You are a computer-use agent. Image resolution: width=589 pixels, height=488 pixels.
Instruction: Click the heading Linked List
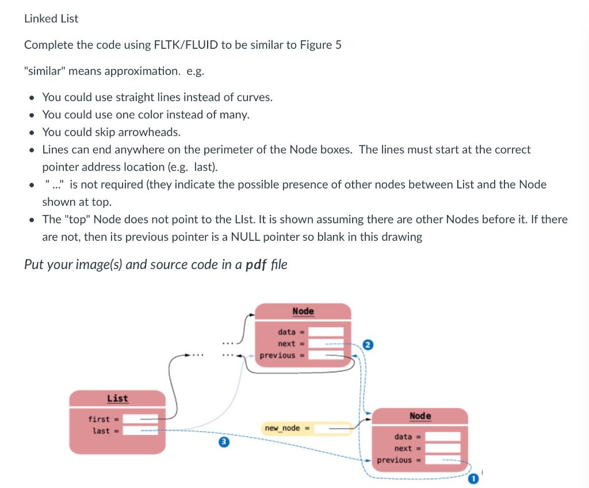51,18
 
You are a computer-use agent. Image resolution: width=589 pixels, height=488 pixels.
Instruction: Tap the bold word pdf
255,264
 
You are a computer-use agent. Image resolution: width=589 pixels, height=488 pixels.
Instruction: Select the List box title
117,398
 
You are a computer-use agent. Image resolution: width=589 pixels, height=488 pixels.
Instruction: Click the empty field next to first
140,419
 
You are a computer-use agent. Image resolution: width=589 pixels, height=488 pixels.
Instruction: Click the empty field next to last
140,431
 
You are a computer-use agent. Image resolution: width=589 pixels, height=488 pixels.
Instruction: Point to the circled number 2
369,345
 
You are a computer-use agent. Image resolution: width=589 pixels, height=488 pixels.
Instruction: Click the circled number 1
473,478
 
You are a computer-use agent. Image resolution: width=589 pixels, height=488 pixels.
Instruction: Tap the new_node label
282,428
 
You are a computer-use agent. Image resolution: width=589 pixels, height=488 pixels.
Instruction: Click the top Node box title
303,311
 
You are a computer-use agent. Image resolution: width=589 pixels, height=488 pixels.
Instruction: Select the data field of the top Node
328,332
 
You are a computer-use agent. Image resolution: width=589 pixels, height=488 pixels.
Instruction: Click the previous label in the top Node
277,355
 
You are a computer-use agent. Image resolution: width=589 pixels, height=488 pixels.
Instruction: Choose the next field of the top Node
328,344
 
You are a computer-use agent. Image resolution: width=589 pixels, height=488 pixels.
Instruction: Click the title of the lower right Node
420,416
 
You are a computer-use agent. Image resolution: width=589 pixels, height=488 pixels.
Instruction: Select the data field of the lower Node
443,437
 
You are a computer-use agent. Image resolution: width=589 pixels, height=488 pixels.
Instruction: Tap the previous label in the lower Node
395,460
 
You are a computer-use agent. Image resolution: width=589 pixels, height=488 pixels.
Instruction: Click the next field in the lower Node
443,448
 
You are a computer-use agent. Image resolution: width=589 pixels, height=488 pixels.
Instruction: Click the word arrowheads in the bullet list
152,132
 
